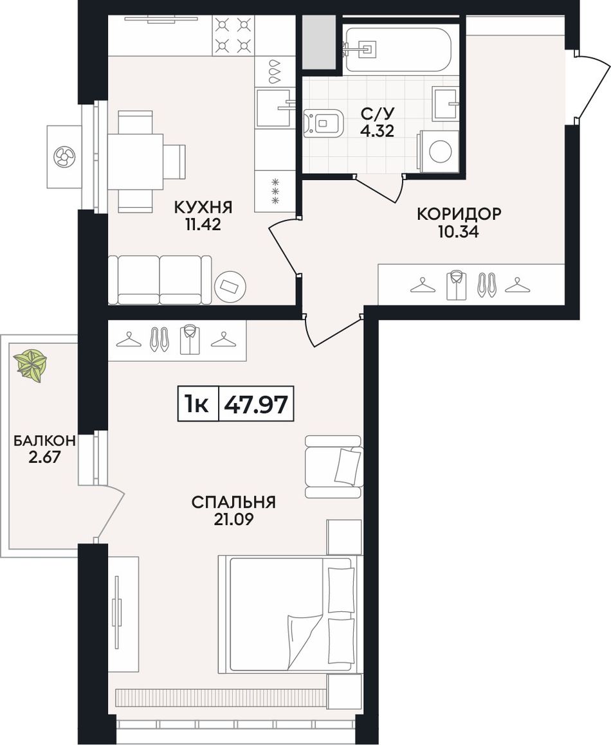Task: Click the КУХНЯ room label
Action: (x=203, y=208)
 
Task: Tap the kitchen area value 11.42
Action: (x=203, y=225)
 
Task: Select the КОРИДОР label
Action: (x=459, y=214)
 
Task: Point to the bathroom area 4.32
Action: (x=377, y=130)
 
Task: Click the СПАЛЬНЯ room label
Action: (x=233, y=502)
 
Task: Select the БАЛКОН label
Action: (x=44, y=441)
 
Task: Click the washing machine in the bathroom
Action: (x=438, y=151)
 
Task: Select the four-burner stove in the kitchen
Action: (x=232, y=35)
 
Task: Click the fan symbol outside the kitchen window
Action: (x=64, y=157)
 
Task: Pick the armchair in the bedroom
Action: (x=334, y=467)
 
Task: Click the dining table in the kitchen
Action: (x=136, y=161)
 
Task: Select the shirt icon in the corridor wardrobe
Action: (x=455, y=285)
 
